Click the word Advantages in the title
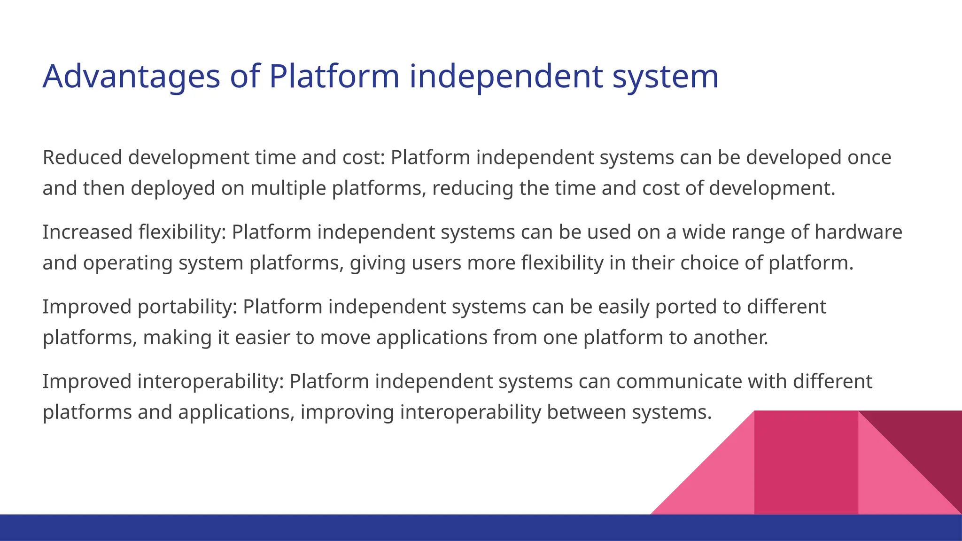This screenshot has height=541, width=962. click(131, 77)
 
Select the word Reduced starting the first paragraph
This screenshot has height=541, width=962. click(82, 157)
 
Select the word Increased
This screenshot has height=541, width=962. click(88, 232)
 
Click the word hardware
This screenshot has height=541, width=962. click(858, 232)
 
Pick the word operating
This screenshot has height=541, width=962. click(128, 263)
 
